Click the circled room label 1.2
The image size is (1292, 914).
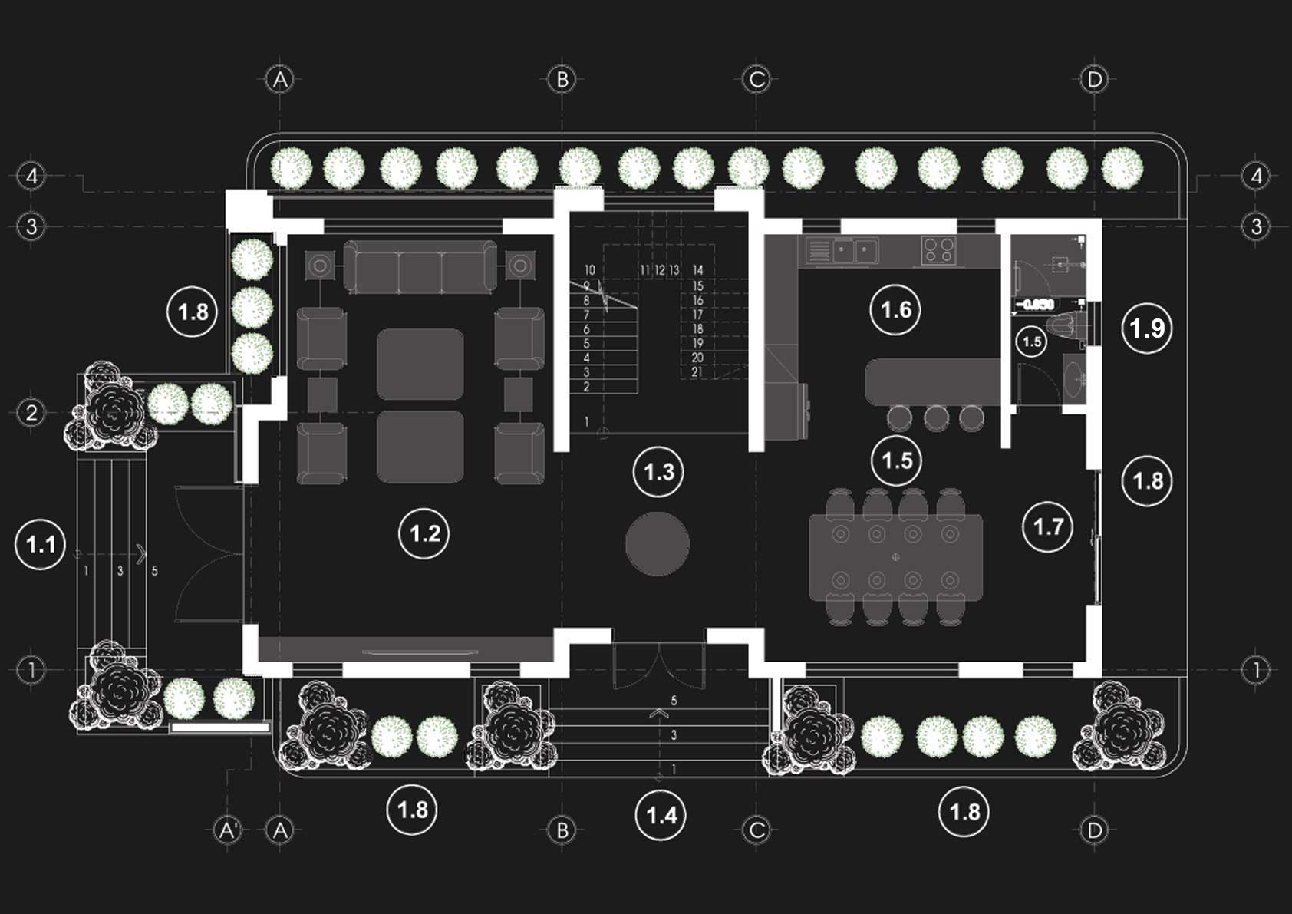(424, 533)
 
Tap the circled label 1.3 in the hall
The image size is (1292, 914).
(658, 472)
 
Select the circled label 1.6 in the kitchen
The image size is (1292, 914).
(895, 310)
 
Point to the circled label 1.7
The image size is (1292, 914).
(1048, 526)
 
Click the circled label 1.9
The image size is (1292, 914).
(1147, 328)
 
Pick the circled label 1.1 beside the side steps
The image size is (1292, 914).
(40, 544)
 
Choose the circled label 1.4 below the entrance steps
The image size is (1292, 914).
(661, 814)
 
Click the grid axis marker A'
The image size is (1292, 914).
(228, 830)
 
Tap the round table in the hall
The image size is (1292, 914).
(657, 544)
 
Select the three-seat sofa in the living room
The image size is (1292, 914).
(420, 266)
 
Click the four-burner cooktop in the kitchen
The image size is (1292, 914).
(938, 250)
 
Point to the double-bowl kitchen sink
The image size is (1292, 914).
(855, 250)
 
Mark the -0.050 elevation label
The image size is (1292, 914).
(1035, 305)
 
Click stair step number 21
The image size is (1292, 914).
(697, 372)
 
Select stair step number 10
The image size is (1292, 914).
(589, 270)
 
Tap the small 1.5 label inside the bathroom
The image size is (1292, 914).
(1032, 342)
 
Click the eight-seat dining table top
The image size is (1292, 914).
(895, 556)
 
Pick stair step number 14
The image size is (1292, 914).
(697, 270)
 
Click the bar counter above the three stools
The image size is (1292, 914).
(932, 381)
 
